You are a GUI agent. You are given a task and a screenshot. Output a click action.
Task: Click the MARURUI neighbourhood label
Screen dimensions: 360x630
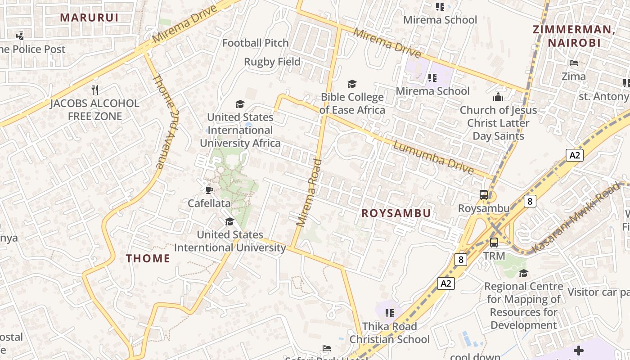(89, 18)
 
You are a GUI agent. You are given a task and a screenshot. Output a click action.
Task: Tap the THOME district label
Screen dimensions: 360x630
(148, 258)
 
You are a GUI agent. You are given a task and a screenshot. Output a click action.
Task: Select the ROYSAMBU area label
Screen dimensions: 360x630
(396, 213)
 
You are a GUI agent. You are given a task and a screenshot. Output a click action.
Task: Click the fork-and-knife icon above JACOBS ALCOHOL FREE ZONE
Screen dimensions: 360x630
(95, 90)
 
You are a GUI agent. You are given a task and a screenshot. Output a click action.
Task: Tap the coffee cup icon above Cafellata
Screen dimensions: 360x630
(209, 190)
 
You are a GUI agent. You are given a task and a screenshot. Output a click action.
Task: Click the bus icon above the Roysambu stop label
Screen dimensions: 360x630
(484, 195)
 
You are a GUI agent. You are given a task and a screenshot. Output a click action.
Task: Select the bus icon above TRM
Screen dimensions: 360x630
(494, 242)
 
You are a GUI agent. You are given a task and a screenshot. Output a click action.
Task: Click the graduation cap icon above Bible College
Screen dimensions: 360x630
(352, 84)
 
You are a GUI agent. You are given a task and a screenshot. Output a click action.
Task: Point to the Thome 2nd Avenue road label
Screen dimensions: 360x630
(165, 121)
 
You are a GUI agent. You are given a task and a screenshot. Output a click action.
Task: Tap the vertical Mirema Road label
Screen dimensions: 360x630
(310, 192)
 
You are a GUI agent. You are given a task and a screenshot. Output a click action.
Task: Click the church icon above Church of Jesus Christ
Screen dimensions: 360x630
(498, 97)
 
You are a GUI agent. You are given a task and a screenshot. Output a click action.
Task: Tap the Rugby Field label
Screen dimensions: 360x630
(272, 62)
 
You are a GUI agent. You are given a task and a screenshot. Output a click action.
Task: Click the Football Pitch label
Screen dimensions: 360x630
(256, 43)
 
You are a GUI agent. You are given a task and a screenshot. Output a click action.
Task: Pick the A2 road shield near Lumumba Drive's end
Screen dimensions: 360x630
(575, 155)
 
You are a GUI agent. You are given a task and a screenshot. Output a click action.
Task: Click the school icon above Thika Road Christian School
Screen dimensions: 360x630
(390, 313)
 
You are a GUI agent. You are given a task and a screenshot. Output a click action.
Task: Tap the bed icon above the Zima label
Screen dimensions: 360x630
(574, 63)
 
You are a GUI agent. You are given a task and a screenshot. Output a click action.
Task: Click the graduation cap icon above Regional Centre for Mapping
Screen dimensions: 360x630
(523, 273)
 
